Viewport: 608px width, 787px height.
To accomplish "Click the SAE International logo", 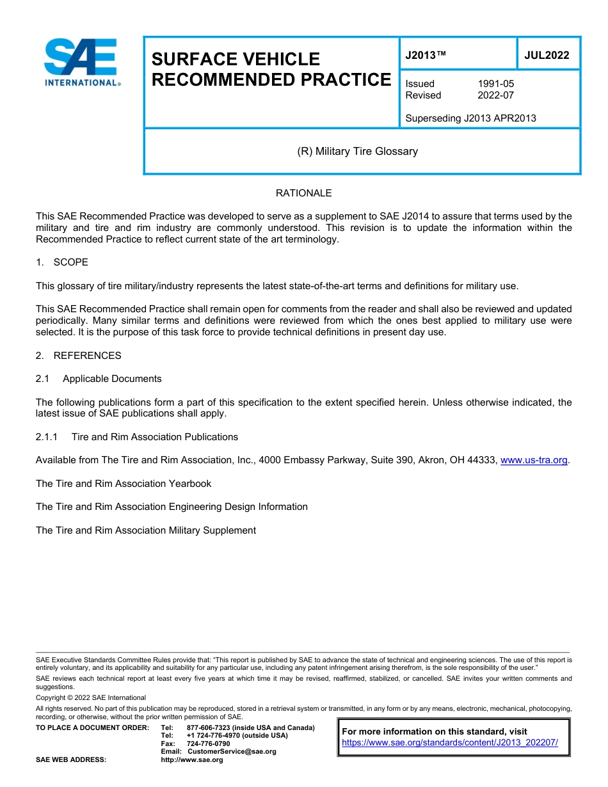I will (x=81, y=62).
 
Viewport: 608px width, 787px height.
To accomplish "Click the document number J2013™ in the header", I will (x=425, y=55).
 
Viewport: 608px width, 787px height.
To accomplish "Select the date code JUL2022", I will (x=547, y=55).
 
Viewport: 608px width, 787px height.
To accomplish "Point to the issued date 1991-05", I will (x=495, y=84).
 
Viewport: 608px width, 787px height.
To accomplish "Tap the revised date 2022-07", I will (x=495, y=95).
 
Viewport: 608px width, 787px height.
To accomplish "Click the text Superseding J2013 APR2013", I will (x=470, y=118).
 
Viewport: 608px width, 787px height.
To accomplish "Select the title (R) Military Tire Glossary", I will (x=357, y=151).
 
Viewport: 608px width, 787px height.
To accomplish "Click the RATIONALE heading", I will (x=303, y=193).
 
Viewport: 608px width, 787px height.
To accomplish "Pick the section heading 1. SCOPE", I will (x=62, y=262).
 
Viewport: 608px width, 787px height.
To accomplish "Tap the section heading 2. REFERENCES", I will (x=78, y=355).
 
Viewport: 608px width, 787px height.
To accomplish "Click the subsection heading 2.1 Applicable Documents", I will (x=99, y=379).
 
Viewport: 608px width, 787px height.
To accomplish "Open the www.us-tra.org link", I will (x=533, y=460).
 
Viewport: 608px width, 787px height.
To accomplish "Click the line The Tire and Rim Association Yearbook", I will (x=123, y=484).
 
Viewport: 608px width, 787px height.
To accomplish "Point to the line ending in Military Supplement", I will (x=145, y=530).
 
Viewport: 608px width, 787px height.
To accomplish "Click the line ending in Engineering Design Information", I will (x=172, y=507).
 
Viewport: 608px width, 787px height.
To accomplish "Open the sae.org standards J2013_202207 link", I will (x=450, y=743).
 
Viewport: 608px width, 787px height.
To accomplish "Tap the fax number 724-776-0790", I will (x=208, y=743).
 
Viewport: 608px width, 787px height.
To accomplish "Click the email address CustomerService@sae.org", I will (x=232, y=751).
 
